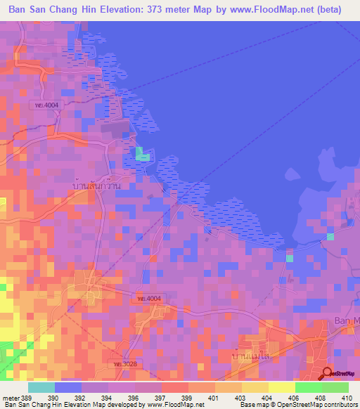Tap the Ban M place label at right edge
click(345, 321)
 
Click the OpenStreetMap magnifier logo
click(327, 372)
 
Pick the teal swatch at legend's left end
click(41, 387)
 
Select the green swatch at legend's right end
click(335, 387)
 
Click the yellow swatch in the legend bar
click(281, 387)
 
